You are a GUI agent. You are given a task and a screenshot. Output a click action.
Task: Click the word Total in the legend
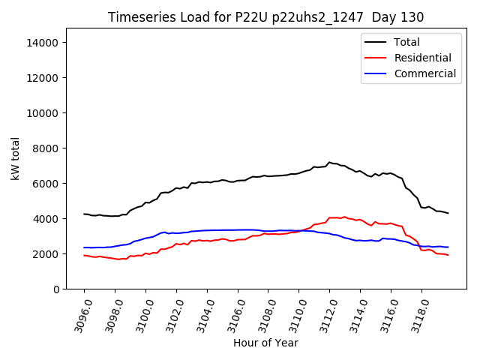click(x=407, y=42)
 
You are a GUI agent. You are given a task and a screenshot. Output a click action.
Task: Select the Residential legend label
click(x=423, y=58)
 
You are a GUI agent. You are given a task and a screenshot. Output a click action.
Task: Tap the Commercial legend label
click(x=425, y=73)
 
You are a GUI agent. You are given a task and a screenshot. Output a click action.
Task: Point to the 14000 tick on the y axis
click(x=43, y=43)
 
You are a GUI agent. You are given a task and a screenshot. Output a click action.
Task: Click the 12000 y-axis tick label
click(x=43, y=78)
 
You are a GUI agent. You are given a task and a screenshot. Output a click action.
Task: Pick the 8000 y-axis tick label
click(x=46, y=148)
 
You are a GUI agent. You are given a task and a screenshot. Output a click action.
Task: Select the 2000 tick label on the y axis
click(x=46, y=254)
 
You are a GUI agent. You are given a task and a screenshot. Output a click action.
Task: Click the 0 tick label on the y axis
click(x=55, y=289)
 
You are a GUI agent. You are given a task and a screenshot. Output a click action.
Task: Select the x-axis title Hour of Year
click(x=265, y=343)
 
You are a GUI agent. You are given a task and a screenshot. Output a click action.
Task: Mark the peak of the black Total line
click(x=328, y=162)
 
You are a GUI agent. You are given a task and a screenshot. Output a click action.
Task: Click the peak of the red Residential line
click(x=344, y=217)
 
